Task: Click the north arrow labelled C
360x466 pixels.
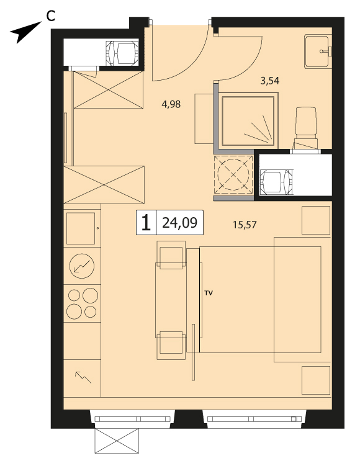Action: [x=25, y=32]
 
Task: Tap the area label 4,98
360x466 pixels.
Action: [x=171, y=104]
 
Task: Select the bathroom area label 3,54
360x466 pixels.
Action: [x=270, y=81]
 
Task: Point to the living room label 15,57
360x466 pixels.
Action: [x=245, y=225]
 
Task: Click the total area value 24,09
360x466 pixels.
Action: [x=179, y=223]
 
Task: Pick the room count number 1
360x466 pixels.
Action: [x=146, y=223]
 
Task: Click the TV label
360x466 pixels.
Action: [x=209, y=293]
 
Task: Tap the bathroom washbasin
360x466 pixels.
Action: [x=318, y=51]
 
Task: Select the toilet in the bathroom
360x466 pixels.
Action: [x=305, y=128]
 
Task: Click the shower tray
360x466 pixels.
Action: [x=248, y=121]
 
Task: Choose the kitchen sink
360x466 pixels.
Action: [x=81, y=228]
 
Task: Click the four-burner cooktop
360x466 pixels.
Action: [x=82, y=303]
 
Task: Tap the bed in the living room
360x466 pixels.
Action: [x=265, y=300]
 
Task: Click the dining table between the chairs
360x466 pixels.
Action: [x=171, y=300]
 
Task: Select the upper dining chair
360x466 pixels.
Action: [x=171, y=254]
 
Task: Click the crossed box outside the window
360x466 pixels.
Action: [x=117, y=441]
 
